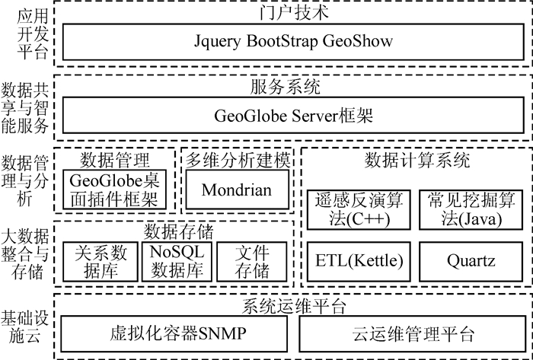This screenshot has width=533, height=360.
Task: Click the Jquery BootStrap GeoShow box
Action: pyautogui.click(x=292, y=41)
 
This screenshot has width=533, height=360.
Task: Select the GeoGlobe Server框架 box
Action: pyautogui.click(x=292, y=117)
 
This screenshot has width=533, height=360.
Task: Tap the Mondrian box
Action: pyautogui.click(x=236, y=190)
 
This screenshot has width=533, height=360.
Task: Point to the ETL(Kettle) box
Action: pyautogui.click(x=358, y=261)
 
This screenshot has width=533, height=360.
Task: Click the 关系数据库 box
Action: pyautogui.click(x=99, y=261)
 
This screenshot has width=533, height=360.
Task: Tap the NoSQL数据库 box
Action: pyautogui.click(x=176, y=261)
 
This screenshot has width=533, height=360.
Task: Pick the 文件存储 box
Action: pyautogui.click(x=253, y=261)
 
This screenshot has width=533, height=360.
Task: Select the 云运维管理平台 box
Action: pyautogui.click(x=413, y=334)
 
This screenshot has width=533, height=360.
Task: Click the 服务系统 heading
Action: pyautogui.click(x=292, y=88)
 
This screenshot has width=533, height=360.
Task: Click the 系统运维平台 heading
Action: pyautogui.click(x=292, y=307)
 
